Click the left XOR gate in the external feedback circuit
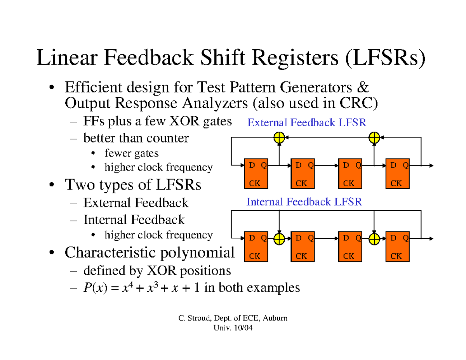point(279,137)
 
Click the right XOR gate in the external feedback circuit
point(374,137)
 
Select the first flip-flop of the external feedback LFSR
point(255,174)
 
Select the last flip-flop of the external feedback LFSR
point(397,174)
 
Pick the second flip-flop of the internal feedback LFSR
point(303,247)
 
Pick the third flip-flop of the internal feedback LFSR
point(350,247)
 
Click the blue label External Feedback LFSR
point(307,123)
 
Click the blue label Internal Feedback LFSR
point(304,202)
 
